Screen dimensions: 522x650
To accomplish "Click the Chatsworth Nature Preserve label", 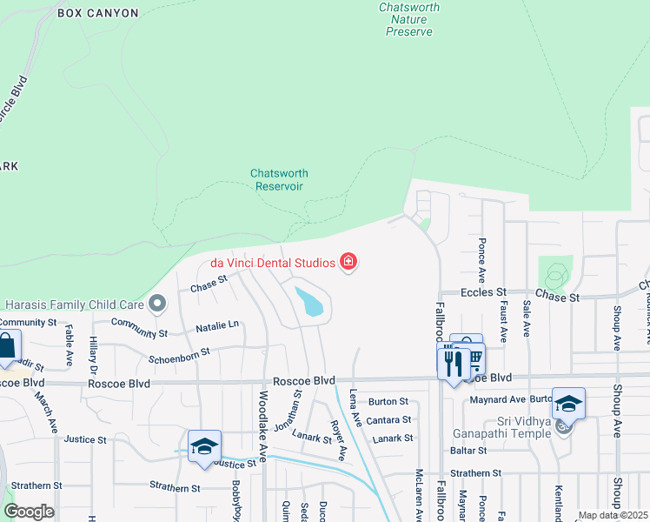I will click(x=409, y=19).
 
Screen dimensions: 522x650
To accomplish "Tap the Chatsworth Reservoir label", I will click(x=279, y=179).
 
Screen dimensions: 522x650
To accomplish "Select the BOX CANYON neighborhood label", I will click(x=98, y=13).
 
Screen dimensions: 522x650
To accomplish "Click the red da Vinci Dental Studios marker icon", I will click(x=349, y=261).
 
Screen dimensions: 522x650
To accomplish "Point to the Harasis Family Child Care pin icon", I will click(x=157, y=304).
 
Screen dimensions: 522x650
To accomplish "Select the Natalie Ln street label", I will click(x=216, y=325).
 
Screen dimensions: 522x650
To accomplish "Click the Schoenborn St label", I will click(x=179, y=352).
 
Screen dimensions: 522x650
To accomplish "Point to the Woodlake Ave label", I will click(x=262, y=425).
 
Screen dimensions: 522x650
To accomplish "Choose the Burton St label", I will click(x=388, y=401).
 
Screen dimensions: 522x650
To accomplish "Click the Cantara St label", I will click(x=388, y=420).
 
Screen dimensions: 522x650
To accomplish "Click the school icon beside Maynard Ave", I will click(x=568, y=404).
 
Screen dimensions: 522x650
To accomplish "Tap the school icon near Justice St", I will click(x=204, y=446).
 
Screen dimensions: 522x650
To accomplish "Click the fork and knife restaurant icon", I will click(x=453, y=360).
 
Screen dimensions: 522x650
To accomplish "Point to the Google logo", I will click(x=29, y=512).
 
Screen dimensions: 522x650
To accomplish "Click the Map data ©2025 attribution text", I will click(x=613, y=515).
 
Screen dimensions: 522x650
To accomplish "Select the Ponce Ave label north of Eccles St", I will click(x=481, y=251).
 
